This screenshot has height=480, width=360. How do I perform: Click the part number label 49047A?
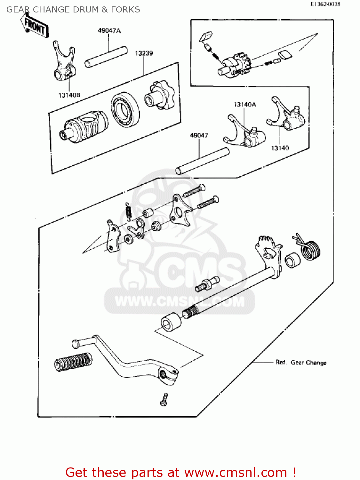109,31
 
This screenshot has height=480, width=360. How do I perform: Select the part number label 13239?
144,53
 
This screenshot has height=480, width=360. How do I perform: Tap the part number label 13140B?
69,95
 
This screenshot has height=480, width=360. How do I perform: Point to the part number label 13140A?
245,105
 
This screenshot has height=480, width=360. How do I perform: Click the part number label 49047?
199,135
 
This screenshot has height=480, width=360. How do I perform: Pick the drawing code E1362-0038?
325,4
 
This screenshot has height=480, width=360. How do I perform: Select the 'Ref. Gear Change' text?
301,363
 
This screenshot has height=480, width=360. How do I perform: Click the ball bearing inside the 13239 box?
125,109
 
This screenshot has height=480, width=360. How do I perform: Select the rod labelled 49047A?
106,57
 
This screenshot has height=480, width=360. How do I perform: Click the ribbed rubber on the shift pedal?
74,362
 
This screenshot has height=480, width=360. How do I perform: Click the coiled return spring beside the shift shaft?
309,248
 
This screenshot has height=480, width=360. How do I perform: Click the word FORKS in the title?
125,10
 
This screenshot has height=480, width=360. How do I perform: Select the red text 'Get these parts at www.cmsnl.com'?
180,472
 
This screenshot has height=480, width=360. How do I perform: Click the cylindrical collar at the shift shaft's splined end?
171,322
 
